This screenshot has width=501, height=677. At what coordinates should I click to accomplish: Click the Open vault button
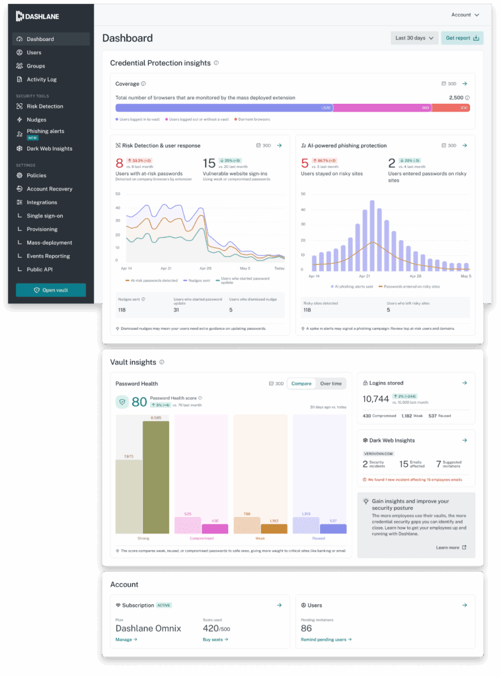pos(51,290)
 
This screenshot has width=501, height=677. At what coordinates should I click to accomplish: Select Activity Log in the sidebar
pos(42,79)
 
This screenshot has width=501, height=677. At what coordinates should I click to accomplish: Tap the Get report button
pos(462,38)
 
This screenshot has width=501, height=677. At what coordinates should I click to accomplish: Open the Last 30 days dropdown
pos(414,38)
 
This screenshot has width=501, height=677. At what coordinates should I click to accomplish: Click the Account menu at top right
pos(465,15)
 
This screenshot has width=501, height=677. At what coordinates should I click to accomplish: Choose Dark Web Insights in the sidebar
pos(49,149)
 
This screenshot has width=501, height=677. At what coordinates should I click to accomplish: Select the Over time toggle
pos(330,383)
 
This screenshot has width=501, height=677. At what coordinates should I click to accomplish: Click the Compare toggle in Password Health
pos(301,383)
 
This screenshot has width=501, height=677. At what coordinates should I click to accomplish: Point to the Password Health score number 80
pos(139,401)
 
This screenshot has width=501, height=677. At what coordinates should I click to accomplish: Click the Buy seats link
pos(215,639)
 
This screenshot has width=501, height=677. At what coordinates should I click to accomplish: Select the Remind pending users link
pos(326,639)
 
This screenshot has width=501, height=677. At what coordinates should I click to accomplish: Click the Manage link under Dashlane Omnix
pos(126,639)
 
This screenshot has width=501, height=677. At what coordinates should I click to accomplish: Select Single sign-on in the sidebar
pos(45,216)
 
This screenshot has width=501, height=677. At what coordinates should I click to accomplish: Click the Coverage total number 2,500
pos(455,97)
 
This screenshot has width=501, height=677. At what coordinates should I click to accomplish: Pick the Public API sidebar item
pos(40,269)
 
